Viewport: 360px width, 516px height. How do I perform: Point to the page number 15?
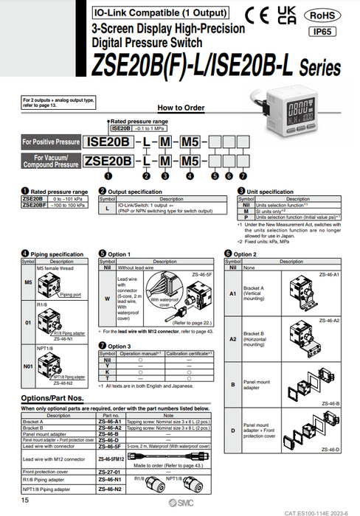tap(25, 501)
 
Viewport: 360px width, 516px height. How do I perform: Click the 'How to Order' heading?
tap(181, 107)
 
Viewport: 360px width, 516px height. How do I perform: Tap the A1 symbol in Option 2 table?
tap(233, 292)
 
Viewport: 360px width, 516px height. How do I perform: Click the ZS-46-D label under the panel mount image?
tap(329, 449)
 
